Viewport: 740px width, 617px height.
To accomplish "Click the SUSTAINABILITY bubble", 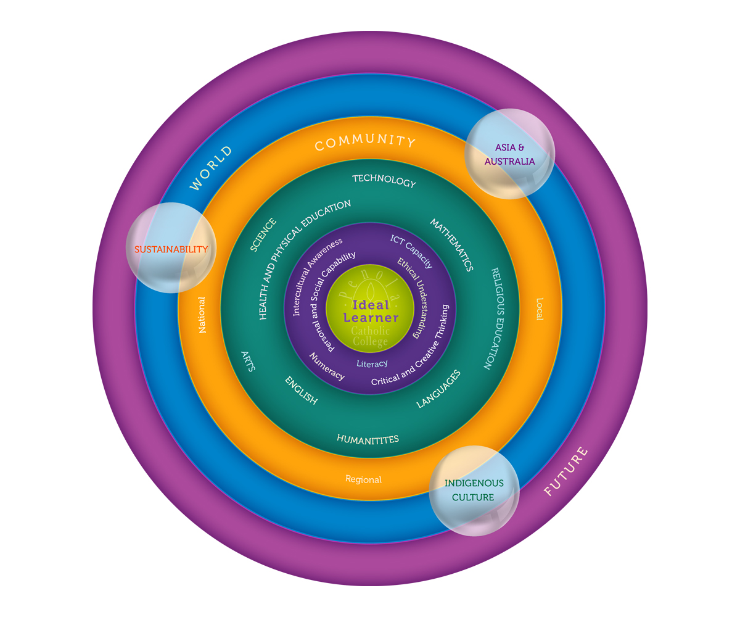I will tap(171, 249).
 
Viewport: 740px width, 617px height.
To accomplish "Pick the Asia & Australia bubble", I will tap(509, 154).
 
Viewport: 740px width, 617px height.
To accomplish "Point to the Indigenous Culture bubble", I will tap(474, 491).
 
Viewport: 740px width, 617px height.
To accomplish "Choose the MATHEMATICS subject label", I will tap(451, 244).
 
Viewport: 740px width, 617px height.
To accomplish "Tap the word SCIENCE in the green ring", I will tap(263, 235).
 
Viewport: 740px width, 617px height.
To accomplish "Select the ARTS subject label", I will tap(249, 360).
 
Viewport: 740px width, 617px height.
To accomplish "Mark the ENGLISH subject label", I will tap(301, 391).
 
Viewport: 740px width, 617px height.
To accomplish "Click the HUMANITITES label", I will tap(368, 439).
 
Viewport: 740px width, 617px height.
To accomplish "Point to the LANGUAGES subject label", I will tap(438, 389).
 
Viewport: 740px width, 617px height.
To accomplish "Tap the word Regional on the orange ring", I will tap(363, 479).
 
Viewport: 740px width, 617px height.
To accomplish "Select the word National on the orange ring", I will tap(202, 315).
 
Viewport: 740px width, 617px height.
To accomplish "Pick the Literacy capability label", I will tap(372, 364).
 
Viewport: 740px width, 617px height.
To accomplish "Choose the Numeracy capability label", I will tap(327, 365).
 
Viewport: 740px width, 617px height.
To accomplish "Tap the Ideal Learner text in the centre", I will tap(371, 312).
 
